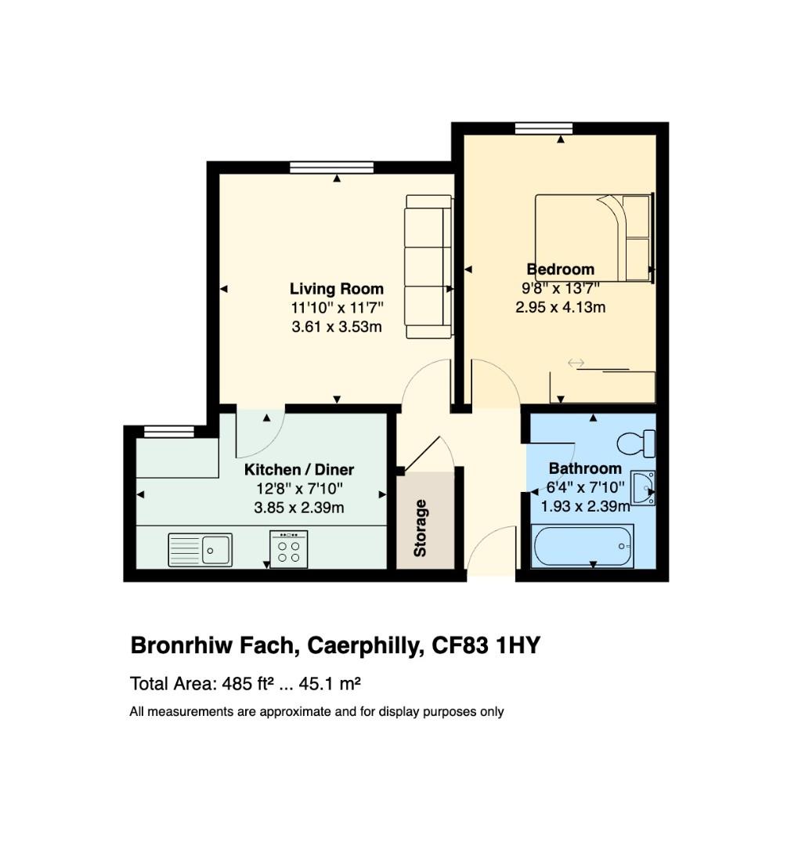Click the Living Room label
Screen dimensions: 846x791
click(x=337, y=289)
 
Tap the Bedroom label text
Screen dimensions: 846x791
click(x=560, y=269)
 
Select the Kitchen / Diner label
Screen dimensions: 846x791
click(x=299, y=470)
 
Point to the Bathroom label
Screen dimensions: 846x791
click(x=585, y=469)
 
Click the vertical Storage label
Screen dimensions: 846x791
click(x=421, y=528)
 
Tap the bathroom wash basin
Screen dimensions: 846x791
click(x=642, y=488)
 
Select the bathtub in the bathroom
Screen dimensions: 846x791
click(x=582, y=546)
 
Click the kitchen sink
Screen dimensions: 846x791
click(x=200, y=549)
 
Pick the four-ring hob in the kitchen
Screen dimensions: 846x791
click(x=288, y=548)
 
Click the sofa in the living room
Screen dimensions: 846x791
click(x=428, y=267)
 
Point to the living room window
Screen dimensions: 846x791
click(x=331, y=167)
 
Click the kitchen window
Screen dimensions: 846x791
click(x=169, y=431)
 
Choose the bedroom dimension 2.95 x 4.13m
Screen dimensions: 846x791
click(x=560, y=307)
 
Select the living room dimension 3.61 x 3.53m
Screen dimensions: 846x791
click(x=337, y=327)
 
